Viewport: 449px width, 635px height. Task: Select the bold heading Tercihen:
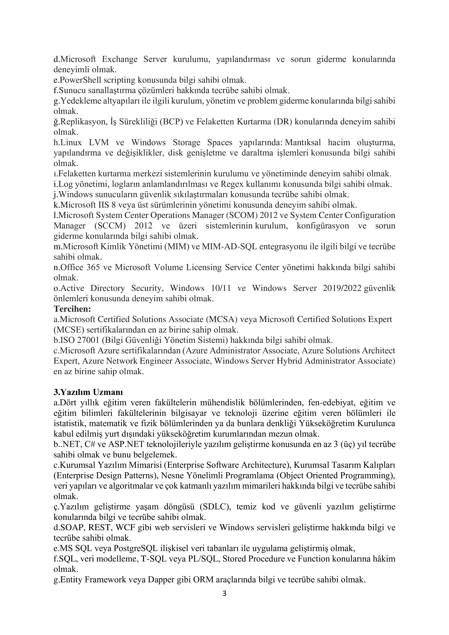[x=72, y=309]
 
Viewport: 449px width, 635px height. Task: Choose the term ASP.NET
[x=122, y=444]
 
